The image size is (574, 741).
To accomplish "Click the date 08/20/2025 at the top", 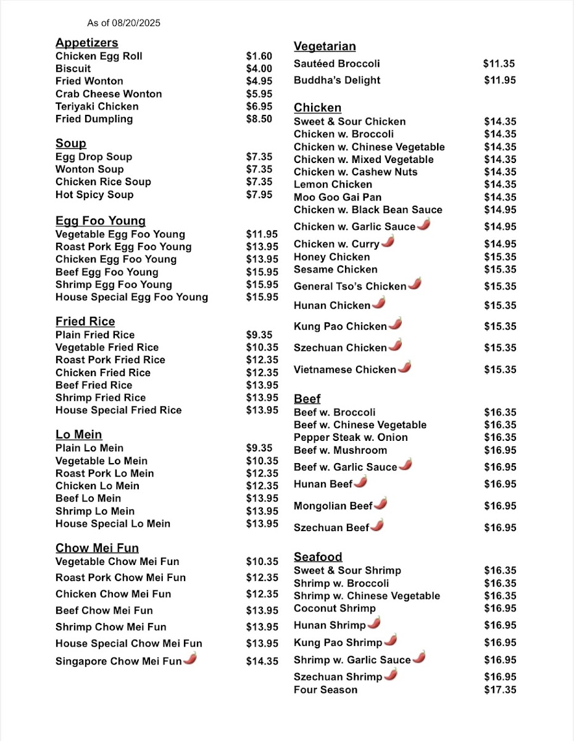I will click(x=136, y=23).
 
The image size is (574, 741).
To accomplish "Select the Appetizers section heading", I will click(x=86, y=43).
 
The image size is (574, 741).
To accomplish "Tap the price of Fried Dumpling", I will click(x=259, y=119).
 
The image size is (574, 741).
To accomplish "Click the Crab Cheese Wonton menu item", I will click(x=109, y=94).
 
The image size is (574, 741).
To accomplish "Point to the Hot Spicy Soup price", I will click(x=259, y=195).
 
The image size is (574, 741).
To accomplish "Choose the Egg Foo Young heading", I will click(x=101, y=221).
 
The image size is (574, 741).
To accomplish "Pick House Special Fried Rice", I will click(x=119, y=410).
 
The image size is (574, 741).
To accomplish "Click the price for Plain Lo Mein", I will click(x=259, y=448).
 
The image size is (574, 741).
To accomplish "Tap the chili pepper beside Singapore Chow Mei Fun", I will click(x=190, y=659).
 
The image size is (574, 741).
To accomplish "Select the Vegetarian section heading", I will click(x=325, y=46).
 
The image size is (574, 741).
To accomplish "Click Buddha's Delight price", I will click(x=499, y=80).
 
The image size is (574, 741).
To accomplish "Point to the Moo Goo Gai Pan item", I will click(x=338, y=197).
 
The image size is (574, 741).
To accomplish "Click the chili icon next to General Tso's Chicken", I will click(x=415, y=284).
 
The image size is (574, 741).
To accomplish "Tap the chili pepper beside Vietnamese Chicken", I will click(x=404, y=367).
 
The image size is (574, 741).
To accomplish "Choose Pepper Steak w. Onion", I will click(x=351, y=437).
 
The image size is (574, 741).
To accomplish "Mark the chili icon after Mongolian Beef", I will click(x=381, y=504).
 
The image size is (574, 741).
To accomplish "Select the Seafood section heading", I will click(x=318, y=557).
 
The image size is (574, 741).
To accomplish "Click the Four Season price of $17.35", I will click(x=500, y=690).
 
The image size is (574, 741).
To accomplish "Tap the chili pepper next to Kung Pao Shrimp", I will click(x=390, y=640).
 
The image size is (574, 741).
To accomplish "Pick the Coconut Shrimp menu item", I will click(x=335, y=608).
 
